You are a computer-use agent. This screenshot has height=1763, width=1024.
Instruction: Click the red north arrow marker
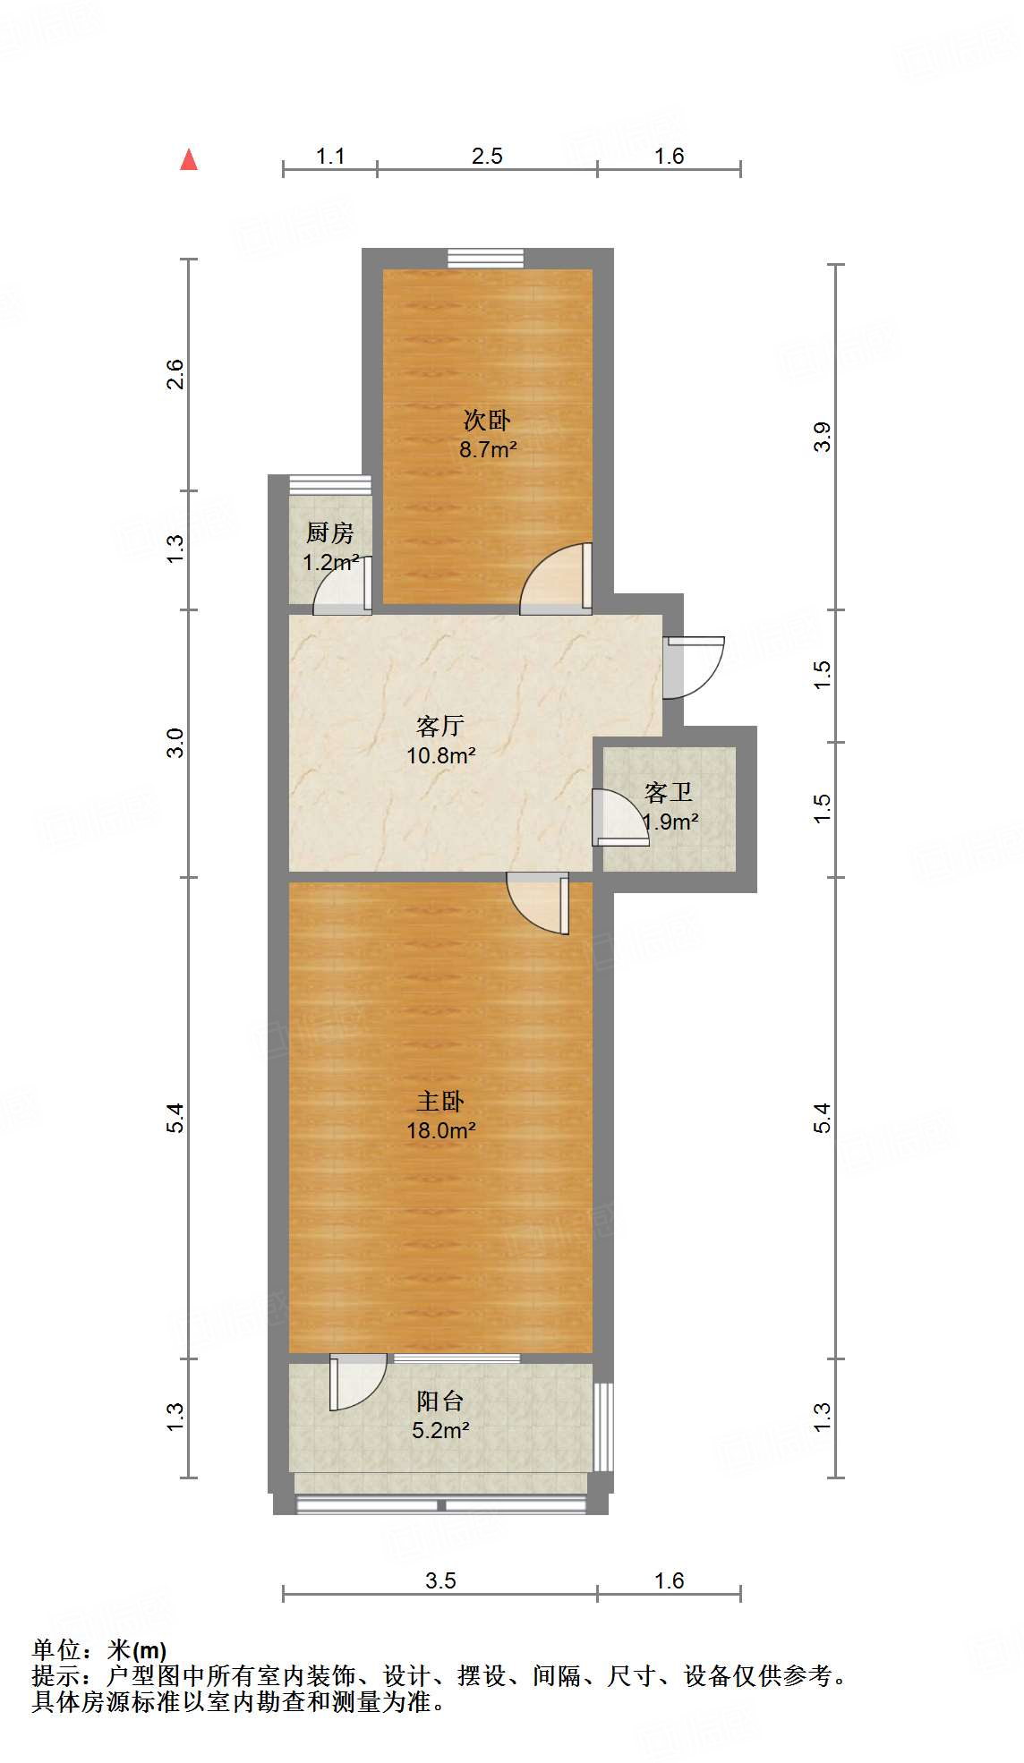pyautogui.click(x=189, y=159)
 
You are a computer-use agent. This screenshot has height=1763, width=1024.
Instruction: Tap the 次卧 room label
pyautogui.click(x=487, y=419)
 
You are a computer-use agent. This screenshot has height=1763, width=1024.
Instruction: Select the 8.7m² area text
pyautogui.click(x=488, y=449)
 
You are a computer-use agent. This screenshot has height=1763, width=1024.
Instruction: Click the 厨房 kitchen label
pyautogui.click(x=330, y=532)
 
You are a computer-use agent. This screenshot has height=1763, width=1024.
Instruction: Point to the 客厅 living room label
pyautogui.click(x=440, y=725)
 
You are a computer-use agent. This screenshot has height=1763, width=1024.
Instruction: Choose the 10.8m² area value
pyautogui.click(x=440, y=755)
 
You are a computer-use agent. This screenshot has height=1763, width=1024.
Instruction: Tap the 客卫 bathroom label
pyautogui.click(x=669, y=792)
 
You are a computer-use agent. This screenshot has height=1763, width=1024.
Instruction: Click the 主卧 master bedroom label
pyautogui.click(x=440, y=1101)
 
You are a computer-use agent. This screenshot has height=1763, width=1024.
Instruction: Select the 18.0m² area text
pyautogui.click(x=440, y=1130)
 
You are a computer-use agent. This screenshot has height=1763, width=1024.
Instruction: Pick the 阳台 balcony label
pyautogui.click(x=440, y=1401)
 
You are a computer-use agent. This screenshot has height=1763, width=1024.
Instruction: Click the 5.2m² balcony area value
pyautogui.click(x=440, y=1430)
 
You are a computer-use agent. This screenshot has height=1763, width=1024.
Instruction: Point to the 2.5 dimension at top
pyautogui.click(x=487, y=157)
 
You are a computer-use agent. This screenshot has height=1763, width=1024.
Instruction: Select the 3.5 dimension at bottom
pyautogui.click(x=440, y=1580)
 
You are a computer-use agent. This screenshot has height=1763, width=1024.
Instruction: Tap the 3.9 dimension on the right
pyautogui.click(x=823, y=437)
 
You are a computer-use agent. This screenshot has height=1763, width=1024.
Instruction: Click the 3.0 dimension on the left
pyautogui.click(x=175, y=743)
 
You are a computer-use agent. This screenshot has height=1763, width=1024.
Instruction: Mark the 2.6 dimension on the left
pyautogui.click(x=175, y=373)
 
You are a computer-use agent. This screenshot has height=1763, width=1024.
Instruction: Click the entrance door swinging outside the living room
pyautogui.click(x=695, y=667)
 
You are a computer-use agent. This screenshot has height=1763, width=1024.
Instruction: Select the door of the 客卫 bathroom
pyautogui.click(x=619, y=816)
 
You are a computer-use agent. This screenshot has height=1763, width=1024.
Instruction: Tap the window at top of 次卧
pyautogui.click(x=486, y=258)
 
